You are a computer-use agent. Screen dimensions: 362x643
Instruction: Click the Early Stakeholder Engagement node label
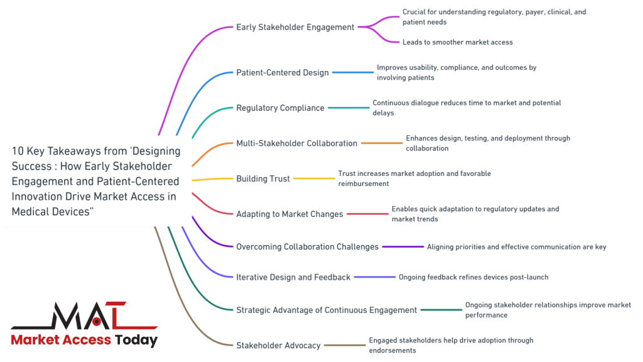[295, 27]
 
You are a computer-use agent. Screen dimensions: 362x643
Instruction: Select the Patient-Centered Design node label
[282, 72]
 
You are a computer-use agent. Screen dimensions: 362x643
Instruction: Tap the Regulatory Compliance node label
[280, 107]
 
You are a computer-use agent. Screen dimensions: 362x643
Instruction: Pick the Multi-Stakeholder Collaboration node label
[296, 143]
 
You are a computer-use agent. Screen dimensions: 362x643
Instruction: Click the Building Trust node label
[263, 178]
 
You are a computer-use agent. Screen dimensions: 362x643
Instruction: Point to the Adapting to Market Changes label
[289, 214]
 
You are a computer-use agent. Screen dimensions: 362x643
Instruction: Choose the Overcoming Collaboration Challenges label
[307, 246]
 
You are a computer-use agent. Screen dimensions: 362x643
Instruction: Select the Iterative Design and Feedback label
[293, 277]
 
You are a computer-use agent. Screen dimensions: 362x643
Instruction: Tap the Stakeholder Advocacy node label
[278, 345]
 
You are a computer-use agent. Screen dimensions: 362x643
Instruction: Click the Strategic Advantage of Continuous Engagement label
[327, 309]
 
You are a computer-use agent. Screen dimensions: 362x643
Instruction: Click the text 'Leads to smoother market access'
[457, 42]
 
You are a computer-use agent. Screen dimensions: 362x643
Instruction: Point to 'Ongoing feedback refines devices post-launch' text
[473, 277]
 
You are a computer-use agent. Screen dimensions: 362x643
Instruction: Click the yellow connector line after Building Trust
[314, 178]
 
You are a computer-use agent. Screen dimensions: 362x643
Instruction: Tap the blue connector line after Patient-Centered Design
[352, 72]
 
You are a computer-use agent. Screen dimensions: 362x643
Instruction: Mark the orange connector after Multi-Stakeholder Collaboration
[382, 143]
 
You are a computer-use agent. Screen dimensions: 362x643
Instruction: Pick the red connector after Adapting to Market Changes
[367, 214]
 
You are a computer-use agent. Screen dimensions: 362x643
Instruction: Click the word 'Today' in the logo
[136, 340]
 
